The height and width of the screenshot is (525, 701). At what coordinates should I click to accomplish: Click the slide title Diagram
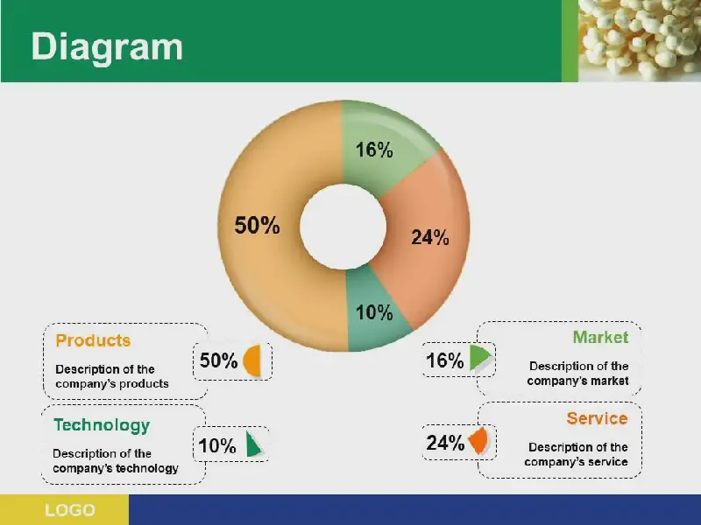[x=107, y=47]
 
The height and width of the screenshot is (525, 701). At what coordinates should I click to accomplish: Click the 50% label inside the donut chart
[x=257, y=225]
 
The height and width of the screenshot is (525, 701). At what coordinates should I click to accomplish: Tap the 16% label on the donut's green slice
[x=374, y=150]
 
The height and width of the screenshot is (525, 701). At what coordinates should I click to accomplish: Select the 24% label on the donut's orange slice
[x=430, y=237]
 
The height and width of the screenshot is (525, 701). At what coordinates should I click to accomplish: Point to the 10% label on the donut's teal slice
[x=374, y=312]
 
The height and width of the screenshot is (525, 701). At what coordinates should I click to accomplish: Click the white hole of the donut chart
[x=343, y=227]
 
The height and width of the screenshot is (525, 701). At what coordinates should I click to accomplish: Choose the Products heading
[x=93, y=340]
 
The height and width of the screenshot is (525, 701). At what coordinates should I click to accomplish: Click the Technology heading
[x=102, y=425]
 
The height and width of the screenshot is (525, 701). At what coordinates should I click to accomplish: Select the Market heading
[x=600, y=337]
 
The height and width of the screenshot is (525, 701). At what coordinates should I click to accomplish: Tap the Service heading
[x=597, y=418]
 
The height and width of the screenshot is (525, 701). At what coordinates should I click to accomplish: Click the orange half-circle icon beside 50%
[x=252, y=360]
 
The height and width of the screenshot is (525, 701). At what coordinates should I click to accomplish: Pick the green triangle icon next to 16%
[x=480, y=357]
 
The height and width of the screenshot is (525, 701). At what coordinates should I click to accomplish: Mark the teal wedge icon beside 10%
[x=252, y=445]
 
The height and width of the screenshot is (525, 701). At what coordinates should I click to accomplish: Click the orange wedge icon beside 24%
[x=478, y=441]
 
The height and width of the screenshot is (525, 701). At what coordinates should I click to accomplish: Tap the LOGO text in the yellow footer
[x=70, y=510]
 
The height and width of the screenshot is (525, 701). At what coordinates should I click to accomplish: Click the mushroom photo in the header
[x=640, y=40]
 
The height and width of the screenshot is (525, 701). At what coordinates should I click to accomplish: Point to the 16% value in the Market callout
[x=445, y=360]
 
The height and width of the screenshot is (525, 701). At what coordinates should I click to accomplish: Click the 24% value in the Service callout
[x=445, y=443]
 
